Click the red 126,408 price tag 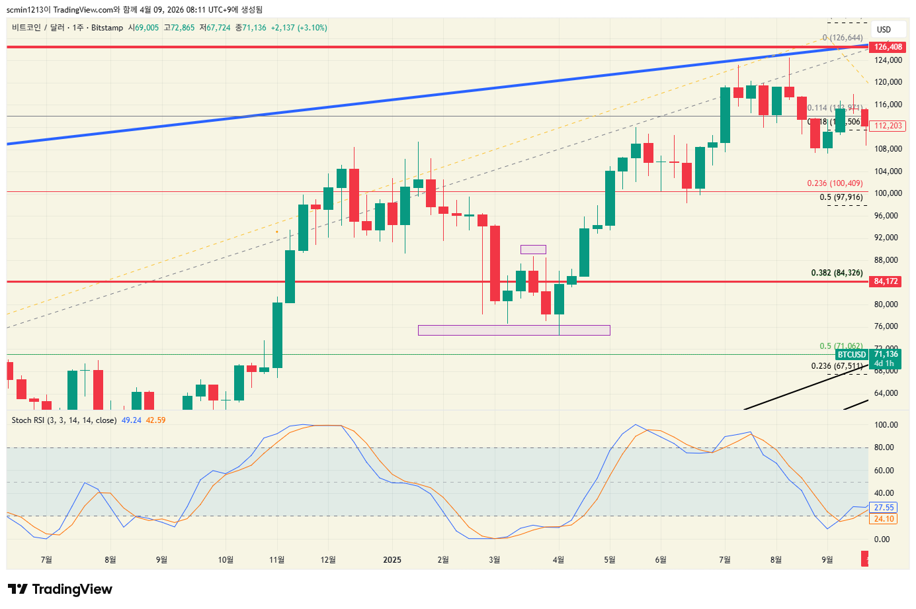(888, 47)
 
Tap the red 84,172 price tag (886, 281)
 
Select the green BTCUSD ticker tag (851, 355)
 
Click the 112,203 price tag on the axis (888, 126)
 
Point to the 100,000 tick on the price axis (888, 193)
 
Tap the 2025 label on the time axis (392, 560)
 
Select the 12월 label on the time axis (328, 560)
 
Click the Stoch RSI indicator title (63, 420)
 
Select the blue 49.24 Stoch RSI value (132, 420)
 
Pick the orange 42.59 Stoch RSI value (156, 420)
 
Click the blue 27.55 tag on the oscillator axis (884, 508)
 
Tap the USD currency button (884, 30)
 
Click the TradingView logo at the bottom (60, 589)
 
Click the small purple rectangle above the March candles (533, 250)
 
